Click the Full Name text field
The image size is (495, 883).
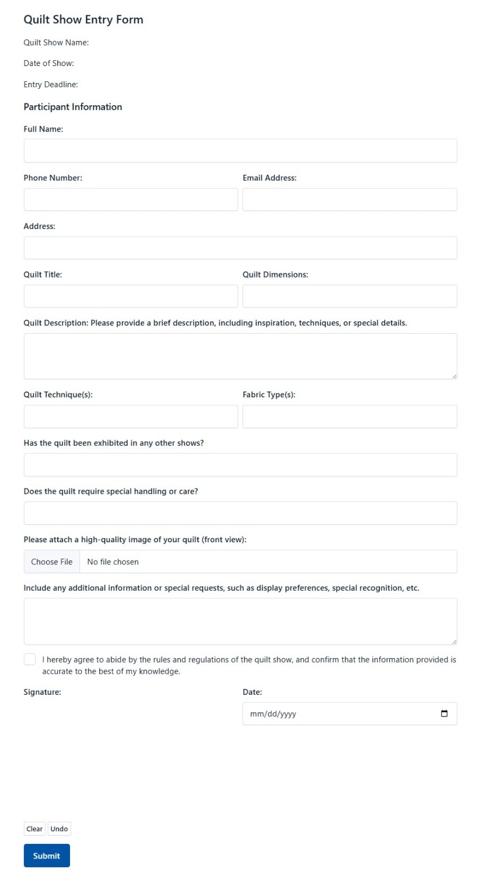240,151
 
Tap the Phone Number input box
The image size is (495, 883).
131,199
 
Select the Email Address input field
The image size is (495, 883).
350,199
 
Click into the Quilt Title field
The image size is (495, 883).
131,296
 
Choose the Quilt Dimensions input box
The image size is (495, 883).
350,296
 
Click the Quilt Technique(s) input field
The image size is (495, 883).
131,417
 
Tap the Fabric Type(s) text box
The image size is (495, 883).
350,417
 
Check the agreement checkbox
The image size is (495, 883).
30,659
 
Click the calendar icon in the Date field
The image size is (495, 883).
444,714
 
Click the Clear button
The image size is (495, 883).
34,829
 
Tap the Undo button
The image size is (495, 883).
59,829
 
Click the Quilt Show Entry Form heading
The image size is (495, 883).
83,20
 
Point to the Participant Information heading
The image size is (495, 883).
73,107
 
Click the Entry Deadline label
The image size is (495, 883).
51,85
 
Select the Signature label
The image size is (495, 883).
42,692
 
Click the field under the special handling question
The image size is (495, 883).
240,513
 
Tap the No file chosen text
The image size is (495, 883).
113,562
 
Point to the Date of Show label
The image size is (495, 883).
48,63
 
